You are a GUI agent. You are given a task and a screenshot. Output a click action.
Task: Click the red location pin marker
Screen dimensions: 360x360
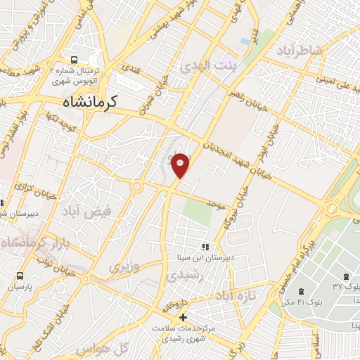(181, 165)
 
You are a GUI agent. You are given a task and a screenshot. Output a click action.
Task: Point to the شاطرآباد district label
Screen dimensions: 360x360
(300, 50)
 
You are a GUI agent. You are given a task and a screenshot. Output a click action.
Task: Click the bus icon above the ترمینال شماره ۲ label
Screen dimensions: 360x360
(75, 60)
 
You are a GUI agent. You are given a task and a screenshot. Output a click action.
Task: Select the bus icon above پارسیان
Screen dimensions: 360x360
(20, 276)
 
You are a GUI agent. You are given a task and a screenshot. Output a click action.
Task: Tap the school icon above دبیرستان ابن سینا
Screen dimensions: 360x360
(205, 247)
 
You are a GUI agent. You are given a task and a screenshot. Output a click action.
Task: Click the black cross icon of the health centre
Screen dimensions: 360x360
(184, 318)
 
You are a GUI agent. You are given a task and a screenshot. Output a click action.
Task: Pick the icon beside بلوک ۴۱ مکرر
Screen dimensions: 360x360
(301, 291)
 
